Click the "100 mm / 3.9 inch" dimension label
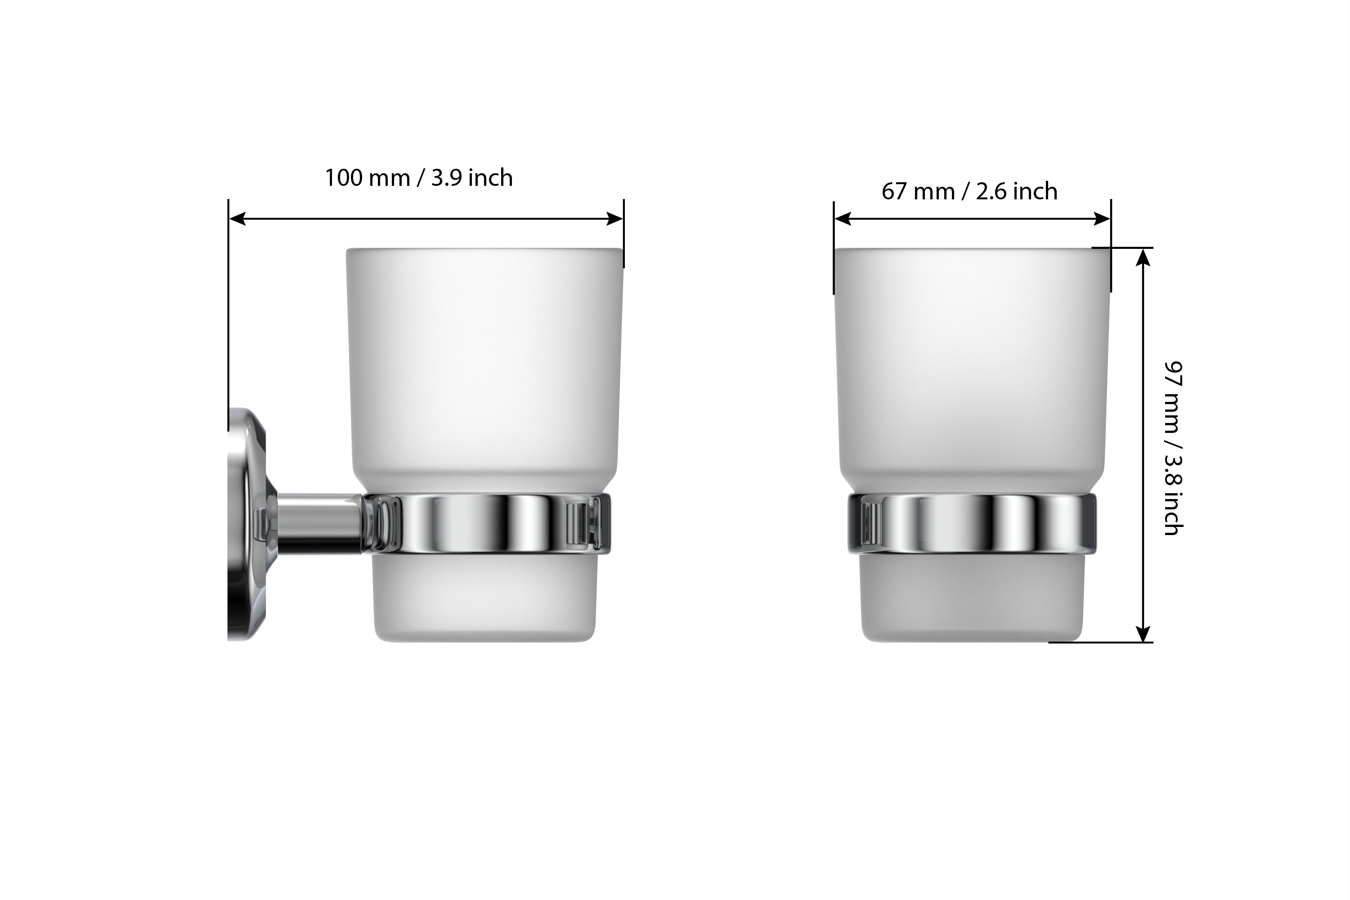click(419, 178)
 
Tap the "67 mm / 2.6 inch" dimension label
click(969, 191)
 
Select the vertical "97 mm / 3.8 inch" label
click(1173, 448)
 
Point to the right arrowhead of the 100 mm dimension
click(614, 219)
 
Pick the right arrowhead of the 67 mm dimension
click(1102, 219)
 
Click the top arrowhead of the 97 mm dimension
click(1144, 257)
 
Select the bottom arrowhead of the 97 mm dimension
click(1144, 634)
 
